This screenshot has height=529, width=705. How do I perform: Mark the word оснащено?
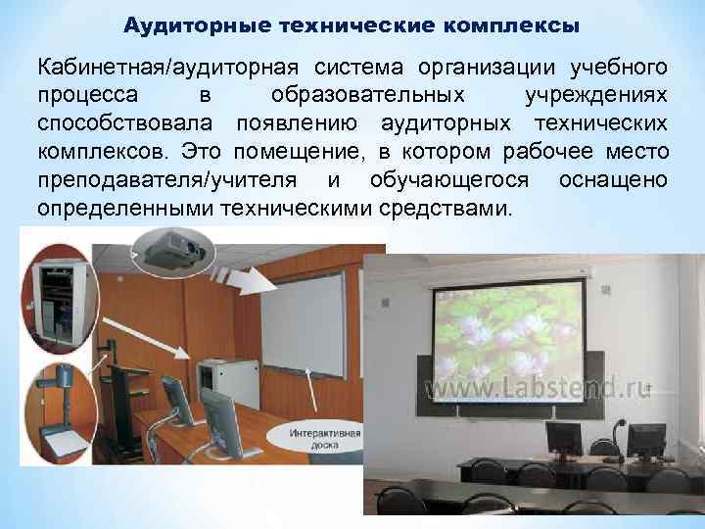point(614,181)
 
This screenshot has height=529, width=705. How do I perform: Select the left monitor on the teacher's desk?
point(563,440)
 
